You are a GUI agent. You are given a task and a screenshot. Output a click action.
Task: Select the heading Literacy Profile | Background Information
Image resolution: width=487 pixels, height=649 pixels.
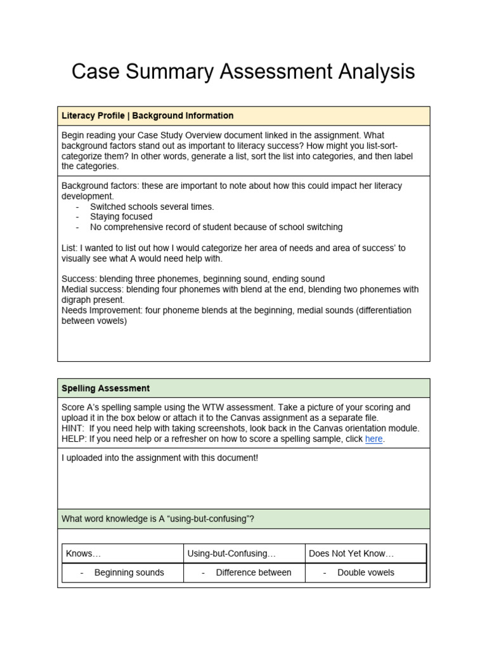pos(147,116)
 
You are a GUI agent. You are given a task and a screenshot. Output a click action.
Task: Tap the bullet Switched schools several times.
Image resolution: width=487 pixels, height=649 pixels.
pos(152,207)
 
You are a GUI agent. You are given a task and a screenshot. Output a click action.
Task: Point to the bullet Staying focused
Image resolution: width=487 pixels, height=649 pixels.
pos(121,217)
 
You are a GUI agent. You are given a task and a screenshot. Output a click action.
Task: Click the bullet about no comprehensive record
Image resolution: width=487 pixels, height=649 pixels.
pos(216,227)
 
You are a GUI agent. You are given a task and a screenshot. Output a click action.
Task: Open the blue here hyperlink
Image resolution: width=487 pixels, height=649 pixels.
pos(373,439)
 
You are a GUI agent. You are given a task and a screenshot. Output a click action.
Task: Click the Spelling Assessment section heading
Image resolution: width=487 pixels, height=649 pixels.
pos(105,388)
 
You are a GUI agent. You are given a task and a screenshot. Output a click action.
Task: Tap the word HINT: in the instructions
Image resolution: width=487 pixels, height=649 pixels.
pos(74,428)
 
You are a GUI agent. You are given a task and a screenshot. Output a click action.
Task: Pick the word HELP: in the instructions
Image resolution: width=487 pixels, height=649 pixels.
pos(74,439)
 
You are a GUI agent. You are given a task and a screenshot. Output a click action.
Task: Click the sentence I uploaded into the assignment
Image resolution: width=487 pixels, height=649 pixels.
pos(160,458)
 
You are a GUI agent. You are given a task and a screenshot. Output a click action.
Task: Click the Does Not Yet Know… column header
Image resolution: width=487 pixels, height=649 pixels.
pos(351,553)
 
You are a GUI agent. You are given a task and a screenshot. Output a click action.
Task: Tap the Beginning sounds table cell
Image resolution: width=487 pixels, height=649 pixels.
pos(129,572)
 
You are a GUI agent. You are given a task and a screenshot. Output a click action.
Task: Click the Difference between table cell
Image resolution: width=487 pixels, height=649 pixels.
pos(254,572)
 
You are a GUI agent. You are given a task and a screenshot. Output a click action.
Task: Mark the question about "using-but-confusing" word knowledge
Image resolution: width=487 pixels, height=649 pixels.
pos(158,519)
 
